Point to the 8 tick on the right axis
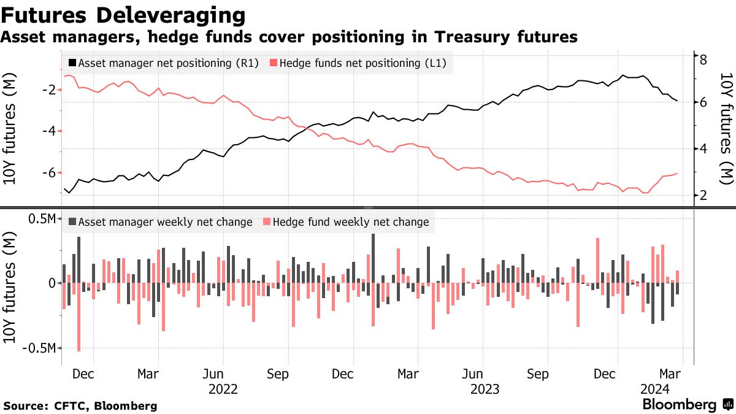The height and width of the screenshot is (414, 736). pyautogui.click(x=703, y=59)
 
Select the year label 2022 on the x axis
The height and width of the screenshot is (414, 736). pyautogui.click(x=223, y=389)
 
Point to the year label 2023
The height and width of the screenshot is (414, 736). pyautogui.click(x=485, y=389)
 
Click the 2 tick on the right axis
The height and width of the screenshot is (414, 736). pyautogui.click(x=703, y=195)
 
